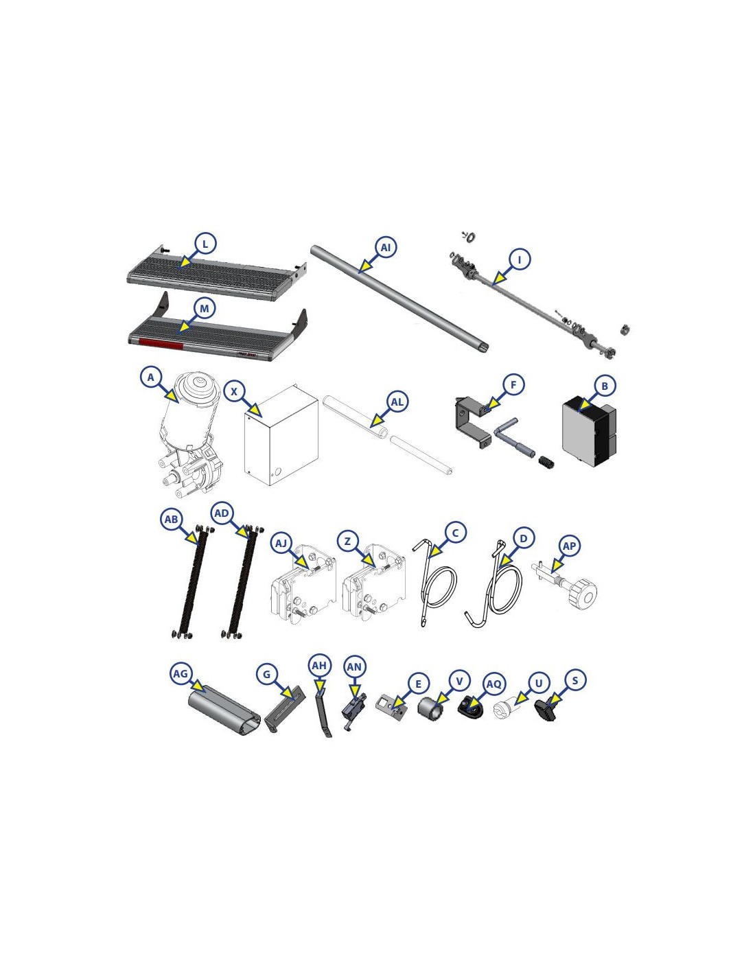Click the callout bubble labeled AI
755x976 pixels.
tap(385, 248)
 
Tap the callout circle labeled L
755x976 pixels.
tap(205, 244)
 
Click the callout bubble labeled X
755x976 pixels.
tap(233, 392)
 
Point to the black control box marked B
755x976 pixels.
tap(588, 430)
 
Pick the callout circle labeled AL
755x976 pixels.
tap(397, 402)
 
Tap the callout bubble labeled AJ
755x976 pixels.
tap(281, 544)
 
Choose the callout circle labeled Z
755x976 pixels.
tap(347, 542)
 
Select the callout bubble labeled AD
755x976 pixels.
tap(222, 513)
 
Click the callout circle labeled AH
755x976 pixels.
tap(319, 665)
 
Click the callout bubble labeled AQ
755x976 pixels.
tap(493, 684)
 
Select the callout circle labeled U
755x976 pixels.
tap(539, 683)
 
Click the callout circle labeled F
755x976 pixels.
tap(513, 384)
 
